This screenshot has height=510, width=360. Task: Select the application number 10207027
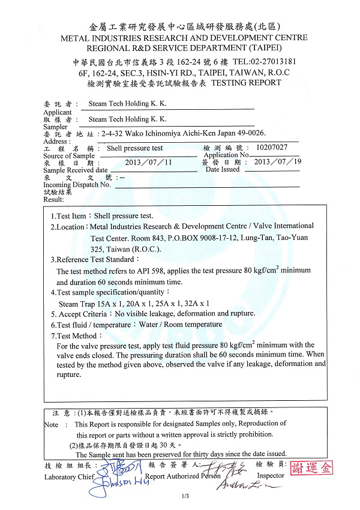click(x=271, y=147)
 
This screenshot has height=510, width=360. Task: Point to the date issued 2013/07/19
click(x=278, y=162)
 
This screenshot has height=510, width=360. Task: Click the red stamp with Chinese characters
click(x=311, y=468)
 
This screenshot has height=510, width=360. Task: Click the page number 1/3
click(x=185, y=496)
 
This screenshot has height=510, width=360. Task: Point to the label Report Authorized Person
click(x=182, y=476)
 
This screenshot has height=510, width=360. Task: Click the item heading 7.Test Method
click(x=74, y=335)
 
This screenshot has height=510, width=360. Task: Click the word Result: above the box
click(x=53, y=199)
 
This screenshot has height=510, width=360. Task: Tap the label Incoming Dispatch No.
click(x=77, y=185)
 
